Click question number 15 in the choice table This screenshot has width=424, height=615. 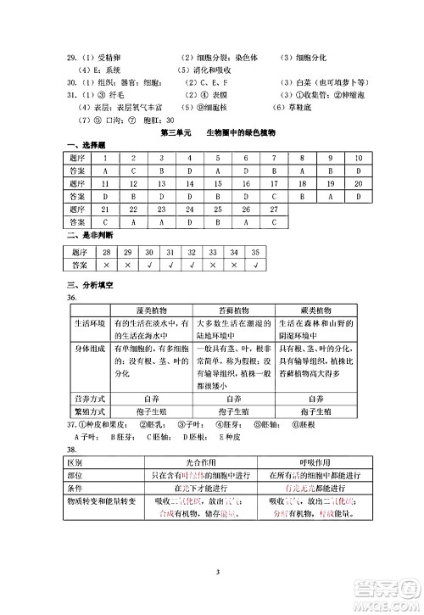tap(218, 182)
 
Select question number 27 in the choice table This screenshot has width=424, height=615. tap(273, 207)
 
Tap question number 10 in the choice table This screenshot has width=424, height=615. tap(359, 158)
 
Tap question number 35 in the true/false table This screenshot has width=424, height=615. tap(253, 252)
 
